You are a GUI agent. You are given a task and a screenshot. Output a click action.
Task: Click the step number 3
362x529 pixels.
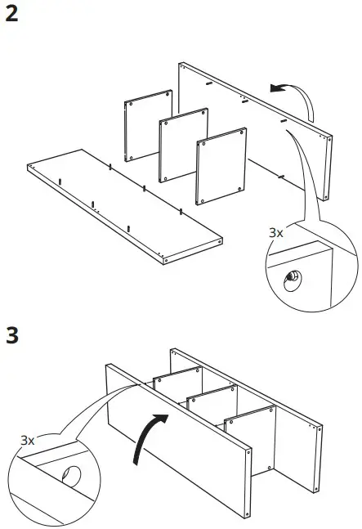point(12,336)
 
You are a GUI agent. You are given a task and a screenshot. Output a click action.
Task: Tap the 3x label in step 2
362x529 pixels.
point(276,233)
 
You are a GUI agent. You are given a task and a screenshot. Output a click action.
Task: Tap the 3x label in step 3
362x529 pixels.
point(29,440)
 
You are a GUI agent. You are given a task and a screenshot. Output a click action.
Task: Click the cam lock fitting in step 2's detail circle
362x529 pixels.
point(290,280)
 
